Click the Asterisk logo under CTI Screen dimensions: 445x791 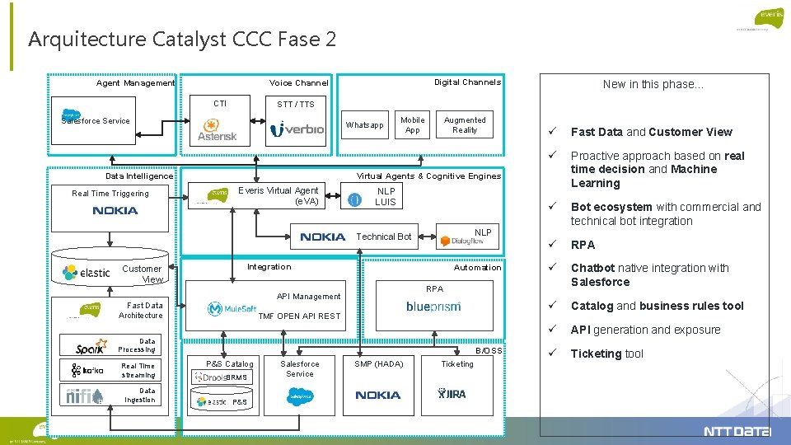[218, 130]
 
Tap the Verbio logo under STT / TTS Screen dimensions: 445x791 [297, 129]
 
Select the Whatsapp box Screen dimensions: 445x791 [364, 125]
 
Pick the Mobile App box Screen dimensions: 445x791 [412, 124]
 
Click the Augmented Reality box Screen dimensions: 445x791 [465, 124]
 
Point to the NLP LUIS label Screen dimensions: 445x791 [386, 196]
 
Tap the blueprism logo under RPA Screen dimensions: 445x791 [433, 307]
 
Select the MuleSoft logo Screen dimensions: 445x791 [232, 309]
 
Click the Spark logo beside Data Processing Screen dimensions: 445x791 [90, 347]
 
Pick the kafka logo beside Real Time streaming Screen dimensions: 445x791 [87, 371]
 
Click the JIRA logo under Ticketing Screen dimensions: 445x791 [452, 394]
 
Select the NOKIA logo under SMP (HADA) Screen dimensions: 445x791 [378, 395]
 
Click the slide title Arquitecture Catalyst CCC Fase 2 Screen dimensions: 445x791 [182, 39]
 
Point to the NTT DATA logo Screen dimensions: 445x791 [737, 431]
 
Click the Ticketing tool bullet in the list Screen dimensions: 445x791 [607, 354]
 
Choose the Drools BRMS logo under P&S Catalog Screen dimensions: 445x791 [220, 377]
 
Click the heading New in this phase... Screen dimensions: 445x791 [653, 84]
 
